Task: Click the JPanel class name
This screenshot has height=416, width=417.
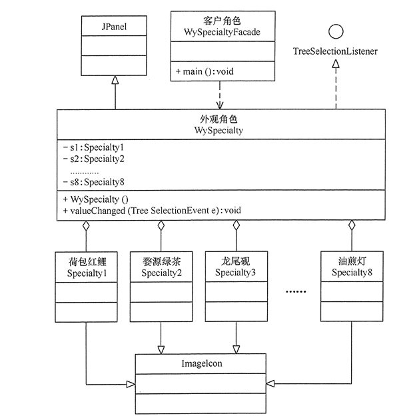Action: tap(115, 28)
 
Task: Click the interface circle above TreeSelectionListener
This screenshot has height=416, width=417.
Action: tap(335, 31)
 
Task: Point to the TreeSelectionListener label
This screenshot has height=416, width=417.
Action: tap(336, 51)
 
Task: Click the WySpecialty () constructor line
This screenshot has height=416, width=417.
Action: tap(99, 199)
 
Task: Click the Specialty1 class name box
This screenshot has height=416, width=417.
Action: tap(86, 267)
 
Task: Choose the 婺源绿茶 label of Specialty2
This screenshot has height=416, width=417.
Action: tap(161, 261)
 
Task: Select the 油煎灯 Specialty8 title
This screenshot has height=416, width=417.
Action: tap(350, 267)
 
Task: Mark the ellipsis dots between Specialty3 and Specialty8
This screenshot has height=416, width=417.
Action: tap(294, 292)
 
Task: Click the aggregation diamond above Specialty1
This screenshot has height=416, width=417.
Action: tap(86, 227)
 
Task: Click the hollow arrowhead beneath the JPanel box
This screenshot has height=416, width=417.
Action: tap(115, 80)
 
